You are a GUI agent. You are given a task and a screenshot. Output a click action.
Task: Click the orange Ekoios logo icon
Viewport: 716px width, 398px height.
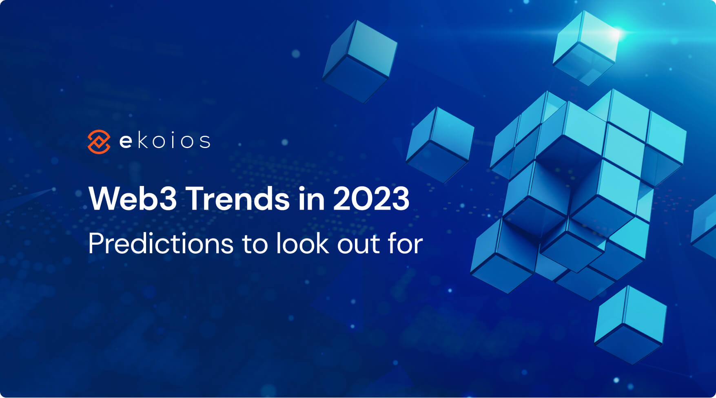point(99,142)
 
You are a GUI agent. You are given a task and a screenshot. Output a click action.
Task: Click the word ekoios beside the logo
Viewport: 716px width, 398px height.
point(165,141)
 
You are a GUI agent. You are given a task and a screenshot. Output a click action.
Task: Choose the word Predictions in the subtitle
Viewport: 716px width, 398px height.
point(161,243)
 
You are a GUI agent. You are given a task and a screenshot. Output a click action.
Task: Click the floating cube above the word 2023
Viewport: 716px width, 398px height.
point(440,145)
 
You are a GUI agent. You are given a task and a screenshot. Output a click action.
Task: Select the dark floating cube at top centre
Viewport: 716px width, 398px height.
point(359,61)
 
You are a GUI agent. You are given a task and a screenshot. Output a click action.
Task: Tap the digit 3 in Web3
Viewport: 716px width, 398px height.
point(167,199)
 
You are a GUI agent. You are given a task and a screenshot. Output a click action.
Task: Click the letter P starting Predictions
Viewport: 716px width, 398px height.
point(95,243)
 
